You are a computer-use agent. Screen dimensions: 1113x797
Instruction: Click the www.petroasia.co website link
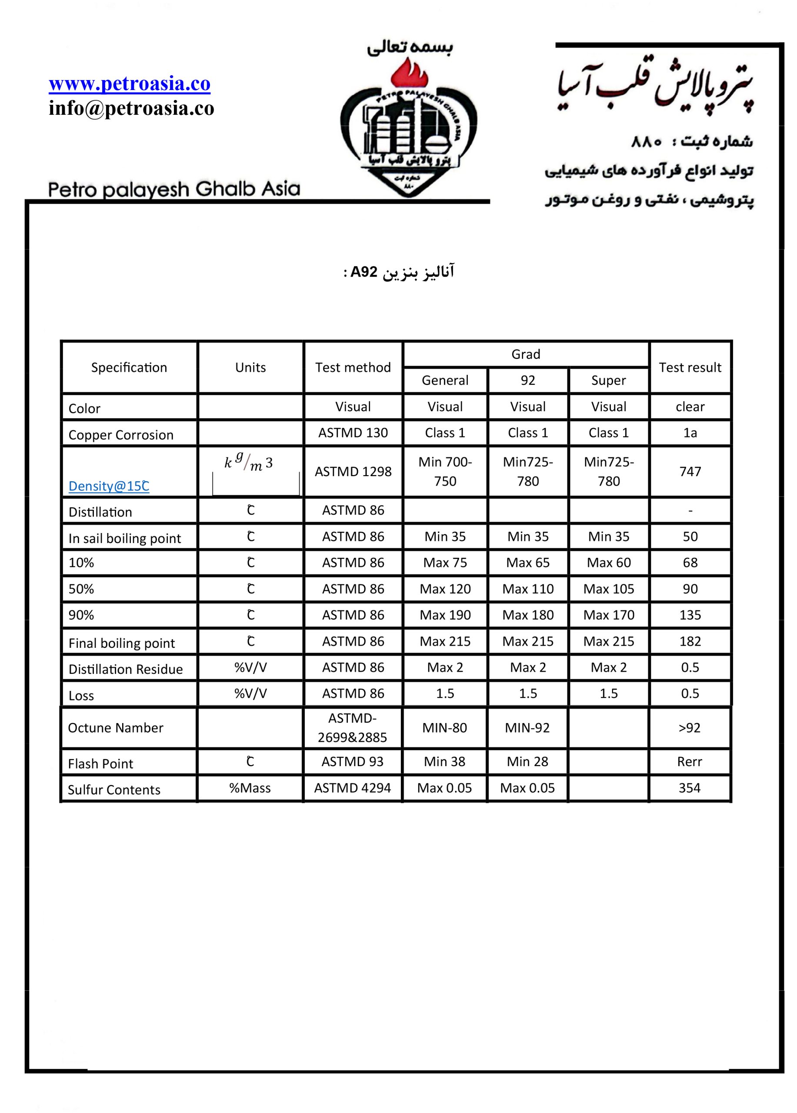pyautogui.click(x=129, y=83)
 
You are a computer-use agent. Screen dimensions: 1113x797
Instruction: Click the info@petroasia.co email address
pyautogui.click(x=131, y=108)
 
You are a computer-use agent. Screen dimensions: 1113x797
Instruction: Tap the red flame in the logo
pyautogui.click(x=409, y=73)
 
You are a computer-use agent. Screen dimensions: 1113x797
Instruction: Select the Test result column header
pyautogui.click(x=690, y=367)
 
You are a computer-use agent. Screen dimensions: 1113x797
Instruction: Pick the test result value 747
pyautogui.click(x=690, y=471)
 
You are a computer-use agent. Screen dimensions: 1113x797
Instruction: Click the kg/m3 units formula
pyautogui.click(x=249, y=462)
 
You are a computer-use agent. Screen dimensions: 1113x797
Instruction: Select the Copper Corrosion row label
pyautogui.click(x=121, y=435)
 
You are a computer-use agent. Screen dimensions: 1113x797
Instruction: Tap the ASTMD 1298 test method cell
pyautogui.click(x=353, y=471)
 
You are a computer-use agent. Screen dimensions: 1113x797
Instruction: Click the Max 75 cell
pyautogui.click(x=445, y=563)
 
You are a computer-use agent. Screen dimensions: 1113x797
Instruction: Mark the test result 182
pyautogui.click(x=690, y=641)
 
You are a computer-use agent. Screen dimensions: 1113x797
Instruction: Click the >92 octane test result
pyautogui.click(x=689, y=727)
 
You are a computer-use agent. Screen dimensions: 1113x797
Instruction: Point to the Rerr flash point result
pyautogui.click(x=689, y=762)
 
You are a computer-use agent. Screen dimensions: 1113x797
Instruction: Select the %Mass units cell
pyautogui.click(x=250, y=788)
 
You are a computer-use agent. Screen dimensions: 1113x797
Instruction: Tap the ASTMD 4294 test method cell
pyautogui.click(x=352, y=788)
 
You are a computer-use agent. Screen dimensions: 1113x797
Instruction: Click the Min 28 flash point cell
pyautogui.click(x=527, y=762)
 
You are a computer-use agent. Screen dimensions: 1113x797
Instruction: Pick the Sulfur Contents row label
pyautogui.click(x=114, y=790)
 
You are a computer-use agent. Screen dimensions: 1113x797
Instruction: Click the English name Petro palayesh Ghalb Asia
pyautogui.click(x=174, y=189)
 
